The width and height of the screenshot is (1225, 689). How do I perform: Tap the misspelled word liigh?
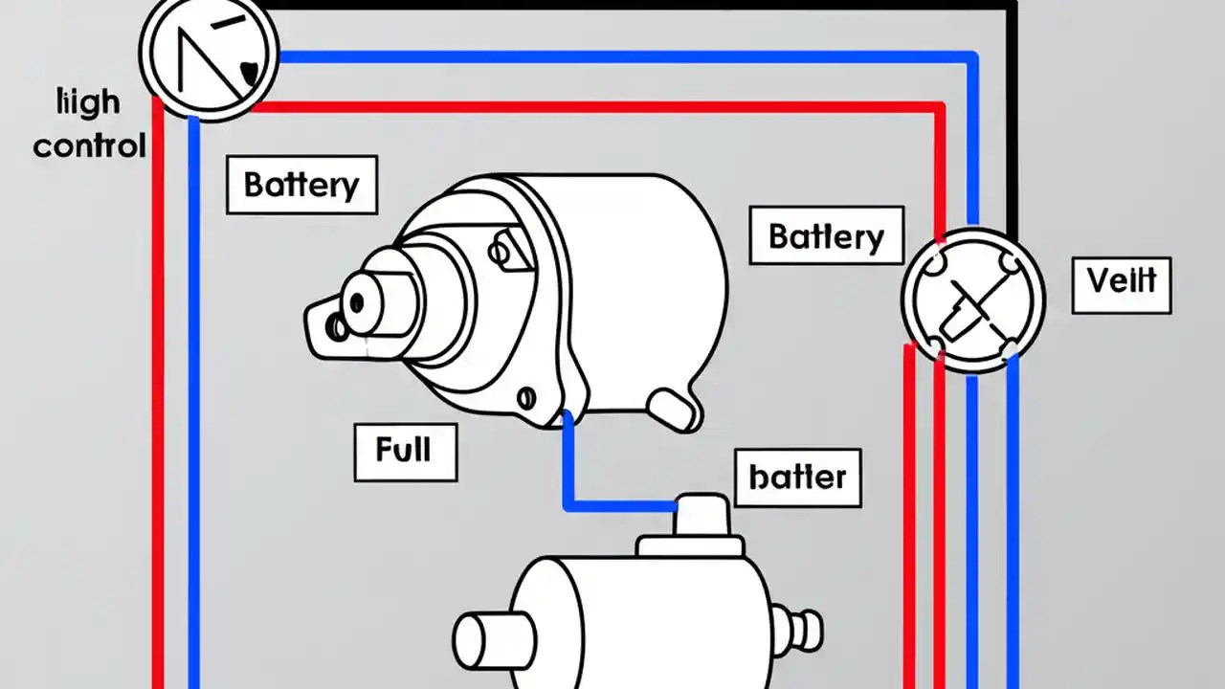pos(89,102)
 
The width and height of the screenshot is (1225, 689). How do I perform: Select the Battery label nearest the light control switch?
pos(301,185)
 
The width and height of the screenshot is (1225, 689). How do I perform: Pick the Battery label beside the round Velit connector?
pos(826,235)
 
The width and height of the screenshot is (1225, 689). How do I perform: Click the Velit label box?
pos(1121,283)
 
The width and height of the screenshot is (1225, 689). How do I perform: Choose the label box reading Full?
pos(405,450)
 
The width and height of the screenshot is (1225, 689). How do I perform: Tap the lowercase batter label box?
pos(797,477)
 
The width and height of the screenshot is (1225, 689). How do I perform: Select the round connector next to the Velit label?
pos(972,298)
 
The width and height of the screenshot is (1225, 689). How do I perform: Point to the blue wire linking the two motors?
pos(612,504)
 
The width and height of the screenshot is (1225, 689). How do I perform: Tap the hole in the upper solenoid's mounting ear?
pos(337,327)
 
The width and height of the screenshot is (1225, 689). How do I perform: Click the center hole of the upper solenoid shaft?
pos(356,303)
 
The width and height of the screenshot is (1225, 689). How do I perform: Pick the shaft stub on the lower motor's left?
pos(483,640)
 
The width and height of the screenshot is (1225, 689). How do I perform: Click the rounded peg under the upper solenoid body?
pos(676,410)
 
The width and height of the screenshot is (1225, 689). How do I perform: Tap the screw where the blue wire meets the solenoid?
pos(524,397)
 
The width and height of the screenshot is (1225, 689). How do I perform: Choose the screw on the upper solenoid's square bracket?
pos(499,253)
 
